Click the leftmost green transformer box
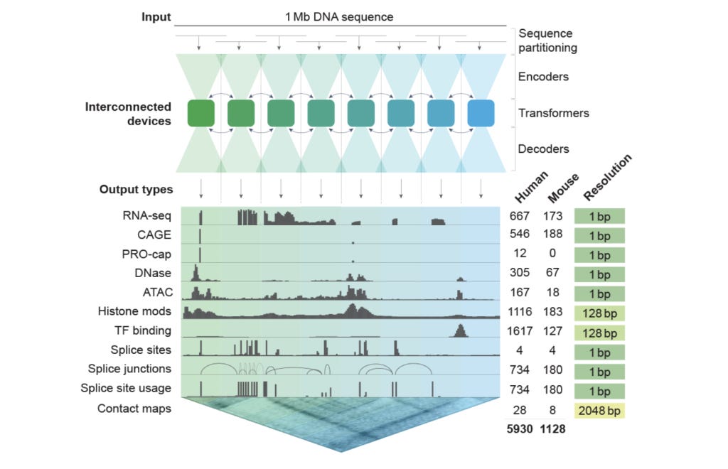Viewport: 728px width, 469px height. pos(201,114)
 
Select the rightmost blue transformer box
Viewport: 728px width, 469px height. pos(481,114)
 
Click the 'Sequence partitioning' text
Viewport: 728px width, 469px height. pos(547,41)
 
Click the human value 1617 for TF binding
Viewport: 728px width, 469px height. pos(524,330)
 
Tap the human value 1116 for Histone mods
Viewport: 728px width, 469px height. pos(524,311)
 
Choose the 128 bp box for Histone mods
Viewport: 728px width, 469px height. pos(599,312)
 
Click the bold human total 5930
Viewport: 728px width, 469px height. pos(524,428)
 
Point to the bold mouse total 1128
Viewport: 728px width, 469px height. pos(555,428)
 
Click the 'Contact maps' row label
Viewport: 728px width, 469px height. pos(134,409)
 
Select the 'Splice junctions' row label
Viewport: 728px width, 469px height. pos(129,369)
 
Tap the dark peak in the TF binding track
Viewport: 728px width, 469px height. pos(459,330)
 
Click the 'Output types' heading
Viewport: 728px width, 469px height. pos(136,190)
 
